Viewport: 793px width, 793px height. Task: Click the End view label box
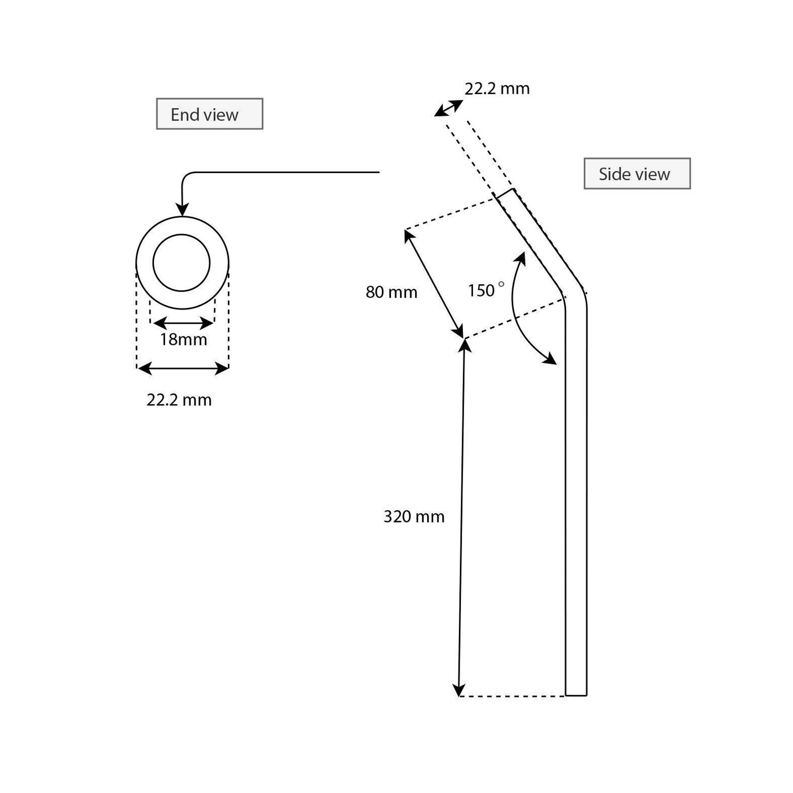click(x=209, y=114)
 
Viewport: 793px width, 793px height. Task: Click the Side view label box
click(x=636, y=173)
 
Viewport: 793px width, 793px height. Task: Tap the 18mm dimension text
click(x=183, y=340)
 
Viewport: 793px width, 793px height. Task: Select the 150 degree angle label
click(x=481, y=291)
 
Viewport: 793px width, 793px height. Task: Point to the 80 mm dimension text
click(x=391, y=292)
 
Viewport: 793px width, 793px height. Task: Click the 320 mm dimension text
click(x=414, y=517)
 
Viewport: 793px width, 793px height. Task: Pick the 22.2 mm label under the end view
click(x=179, y=400)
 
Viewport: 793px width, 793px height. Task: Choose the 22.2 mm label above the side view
click(x=497, y=88)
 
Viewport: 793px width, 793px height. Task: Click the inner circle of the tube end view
click(x=181, y=263)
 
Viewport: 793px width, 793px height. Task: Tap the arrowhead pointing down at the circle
click(x=182, y=209)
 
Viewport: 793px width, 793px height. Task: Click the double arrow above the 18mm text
click(x=183, y=323)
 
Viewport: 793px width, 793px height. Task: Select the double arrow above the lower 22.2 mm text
click(x=183, y=368)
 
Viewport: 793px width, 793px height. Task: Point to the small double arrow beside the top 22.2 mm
click(x=449, y=108)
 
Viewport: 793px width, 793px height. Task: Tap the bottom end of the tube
click(x=576, y=695)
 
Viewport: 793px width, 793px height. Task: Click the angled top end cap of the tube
click(x=504, y=193)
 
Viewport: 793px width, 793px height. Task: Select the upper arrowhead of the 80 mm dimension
click(x=408, y=236)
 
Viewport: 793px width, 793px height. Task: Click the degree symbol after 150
click(x=501, y=284)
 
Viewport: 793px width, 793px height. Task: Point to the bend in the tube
click(x=574, y=293)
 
